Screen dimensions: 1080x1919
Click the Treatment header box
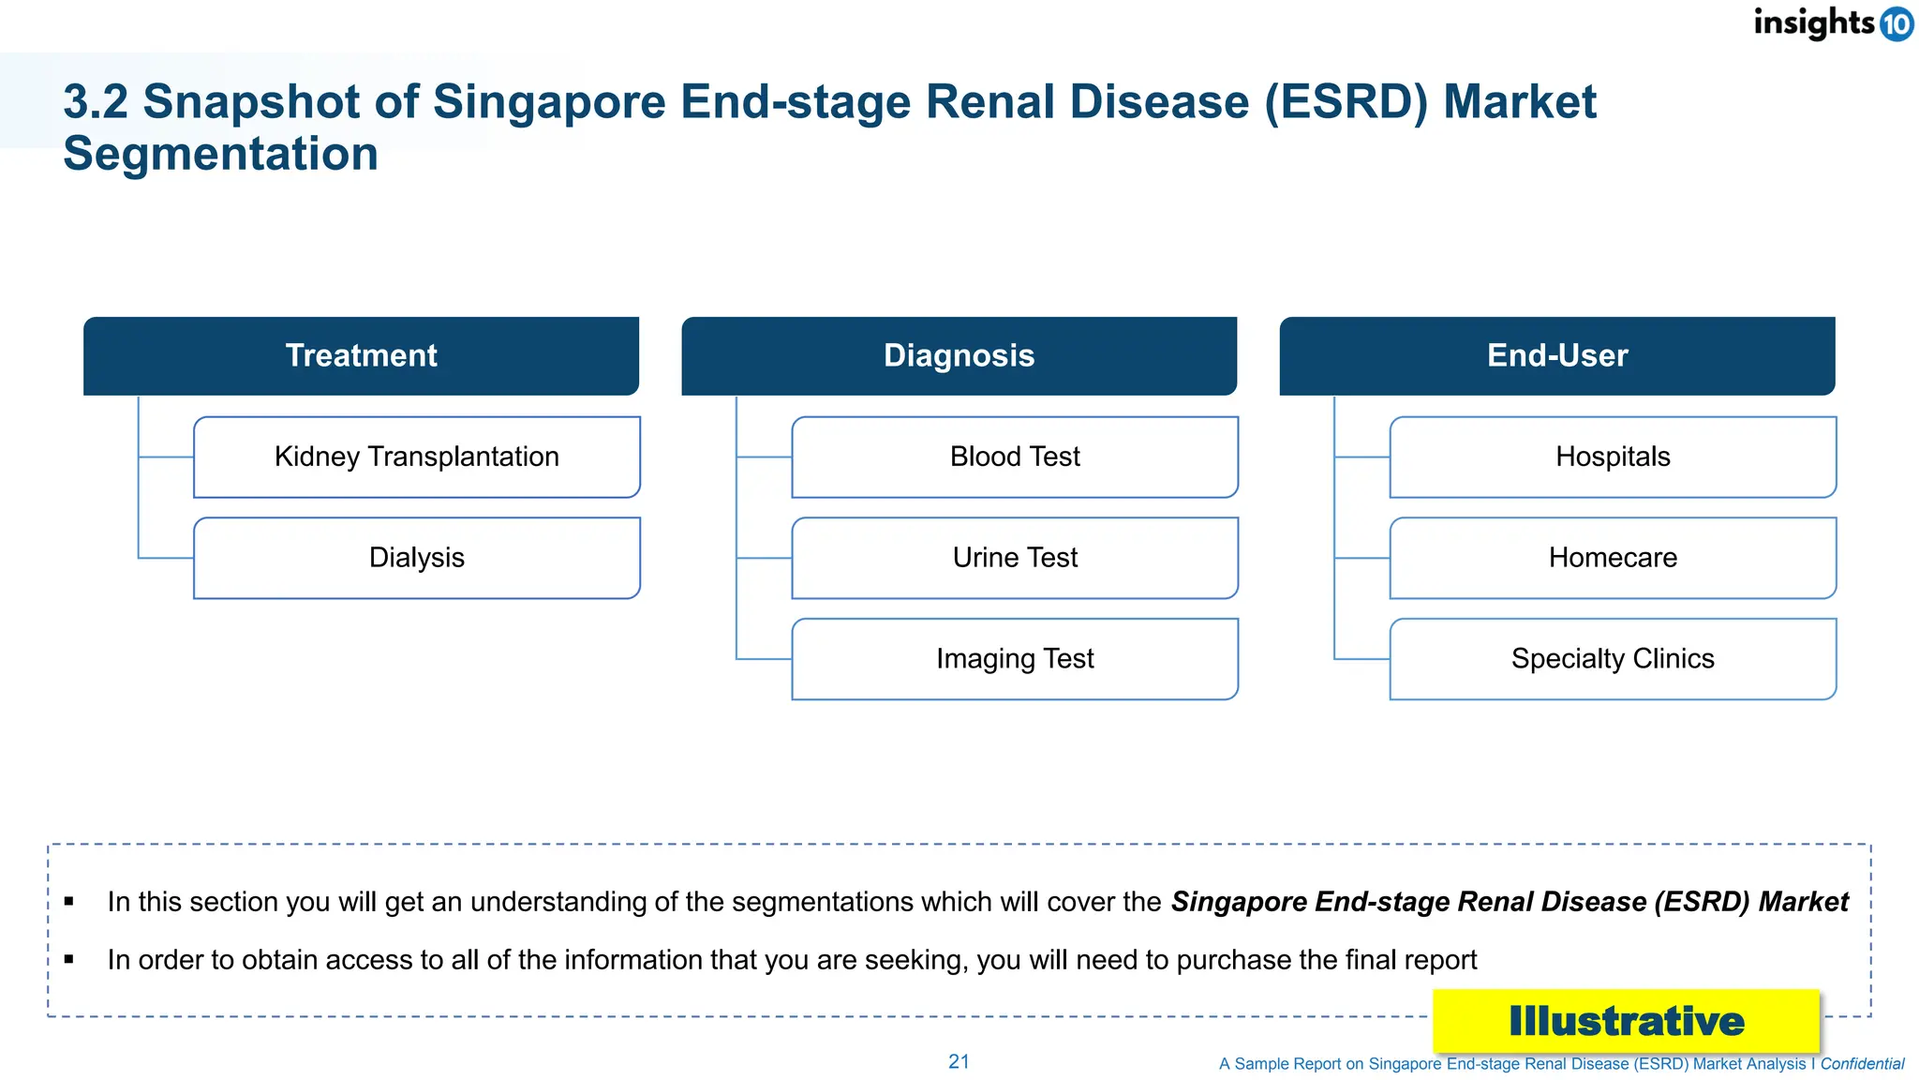point(361,356)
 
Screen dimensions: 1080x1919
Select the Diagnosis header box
point(959,356)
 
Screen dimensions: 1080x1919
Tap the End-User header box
point(1556,356)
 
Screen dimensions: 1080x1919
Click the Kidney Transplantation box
point(417,457)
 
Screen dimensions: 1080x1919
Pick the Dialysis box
point(417,558)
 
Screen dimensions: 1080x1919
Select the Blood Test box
point(1015,457)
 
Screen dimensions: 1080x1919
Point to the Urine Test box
point(1015,558)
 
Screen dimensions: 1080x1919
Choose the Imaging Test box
point(1015,659)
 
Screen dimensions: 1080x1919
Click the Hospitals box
point(1613,457)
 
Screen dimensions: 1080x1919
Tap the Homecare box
point(1613,558)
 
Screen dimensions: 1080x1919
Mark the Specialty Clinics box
point(1613,659)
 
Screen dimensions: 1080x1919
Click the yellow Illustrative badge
point(1626,1021)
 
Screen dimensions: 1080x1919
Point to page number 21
point(959,1062)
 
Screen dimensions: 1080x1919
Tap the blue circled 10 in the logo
point(1897,23)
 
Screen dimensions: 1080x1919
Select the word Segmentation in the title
point(220,154)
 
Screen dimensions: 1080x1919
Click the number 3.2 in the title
point(95,102)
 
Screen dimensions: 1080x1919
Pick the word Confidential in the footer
point(1862,1064)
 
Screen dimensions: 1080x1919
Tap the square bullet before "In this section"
point(69,902)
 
